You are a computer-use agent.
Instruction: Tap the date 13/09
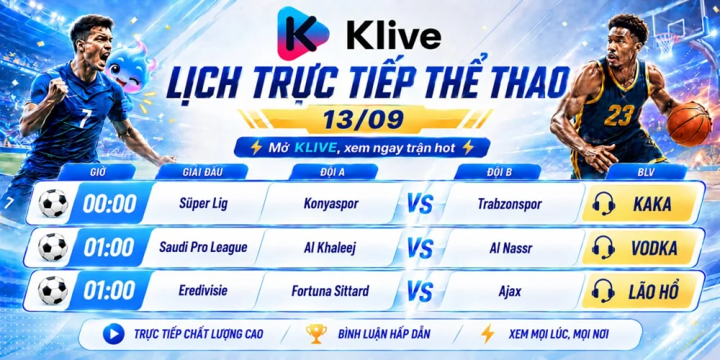click(x=363, y=119)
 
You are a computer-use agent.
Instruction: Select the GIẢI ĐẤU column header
click(x=202, y=172)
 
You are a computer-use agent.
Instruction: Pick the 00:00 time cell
click(x=109, y=204)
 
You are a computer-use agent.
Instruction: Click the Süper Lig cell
click(x=203, y=204)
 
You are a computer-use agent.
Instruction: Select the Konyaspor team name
click(x=330, y=204)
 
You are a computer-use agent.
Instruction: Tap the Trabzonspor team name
click(x=510, y=204)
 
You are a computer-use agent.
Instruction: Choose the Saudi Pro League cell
click(x=203, y=247)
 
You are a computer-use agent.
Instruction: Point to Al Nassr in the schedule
click(x=510, y=248)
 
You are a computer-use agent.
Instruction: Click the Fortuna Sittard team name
click(x=330, y=291)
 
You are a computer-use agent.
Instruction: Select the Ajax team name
click(x=510, y=292)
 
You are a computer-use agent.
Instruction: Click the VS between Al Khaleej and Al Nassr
click(x=420, y=248)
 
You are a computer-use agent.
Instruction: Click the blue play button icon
click(x=114, y=334)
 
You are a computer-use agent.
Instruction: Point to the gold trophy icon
click(x=316, y=334)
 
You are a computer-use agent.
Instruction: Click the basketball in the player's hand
click(x=689, y=124)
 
